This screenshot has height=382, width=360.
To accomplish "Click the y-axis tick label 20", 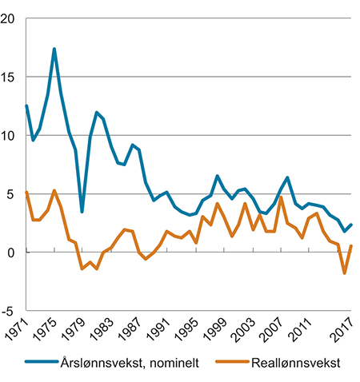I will pos(10,19).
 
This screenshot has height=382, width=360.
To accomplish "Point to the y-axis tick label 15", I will pos(10,78).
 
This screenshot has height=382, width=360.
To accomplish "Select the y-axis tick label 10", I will pos(10,136).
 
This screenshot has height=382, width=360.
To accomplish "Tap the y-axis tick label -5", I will pos(10,311).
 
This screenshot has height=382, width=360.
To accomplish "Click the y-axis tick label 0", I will pos(13,253).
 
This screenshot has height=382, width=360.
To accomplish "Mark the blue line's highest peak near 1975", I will pos(54,49).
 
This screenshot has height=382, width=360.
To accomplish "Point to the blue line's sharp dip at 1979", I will pos(82,212).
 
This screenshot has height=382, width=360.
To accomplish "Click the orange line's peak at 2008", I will pos(281,197).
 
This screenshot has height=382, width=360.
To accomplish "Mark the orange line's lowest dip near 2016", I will pos(344,273).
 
